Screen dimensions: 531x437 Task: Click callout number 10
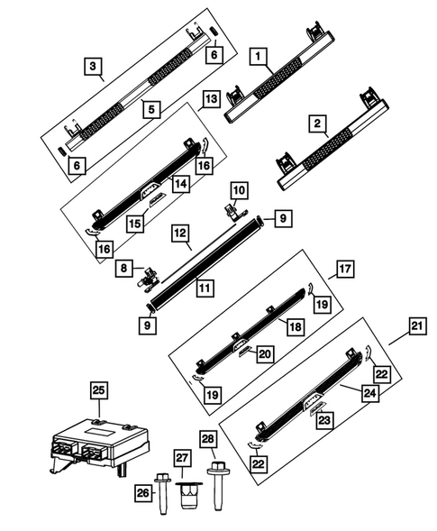238,191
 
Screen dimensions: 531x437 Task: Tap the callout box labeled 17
345,269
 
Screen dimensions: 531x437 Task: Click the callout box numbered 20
264,354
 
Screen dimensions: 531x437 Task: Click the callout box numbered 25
98,390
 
